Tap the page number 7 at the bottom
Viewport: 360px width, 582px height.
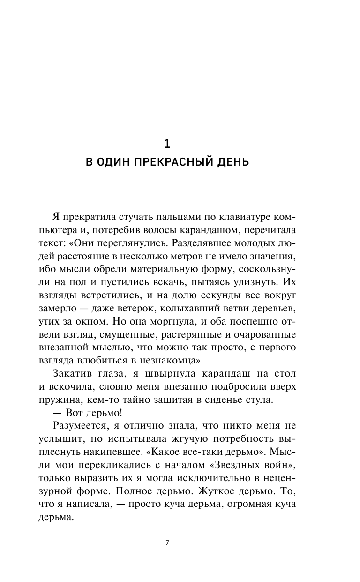[x=167, y=544]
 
